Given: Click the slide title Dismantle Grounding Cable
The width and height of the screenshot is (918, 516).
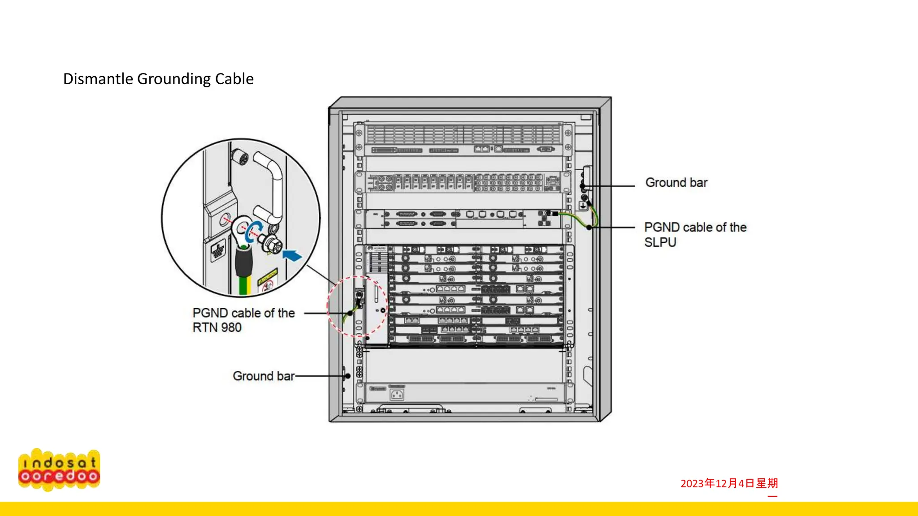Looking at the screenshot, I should [x=158, y=79].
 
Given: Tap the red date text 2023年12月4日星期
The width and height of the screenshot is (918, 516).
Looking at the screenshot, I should [x=729, y=483].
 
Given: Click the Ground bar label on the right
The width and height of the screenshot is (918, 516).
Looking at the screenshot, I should [x=676, y=183].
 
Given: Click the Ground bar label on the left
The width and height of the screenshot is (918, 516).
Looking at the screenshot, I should [x=263, y=376].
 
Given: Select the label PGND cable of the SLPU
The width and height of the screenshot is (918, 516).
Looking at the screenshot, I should [x=695, y=234].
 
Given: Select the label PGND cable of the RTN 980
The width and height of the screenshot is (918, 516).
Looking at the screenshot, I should [x=243, y=320].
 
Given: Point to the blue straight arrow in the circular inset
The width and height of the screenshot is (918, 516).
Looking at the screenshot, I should [x=292, y=256].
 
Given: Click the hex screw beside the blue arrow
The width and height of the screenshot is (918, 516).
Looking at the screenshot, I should [x=272, y=244].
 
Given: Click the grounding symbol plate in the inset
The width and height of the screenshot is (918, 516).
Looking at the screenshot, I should [x=218, y=251].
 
